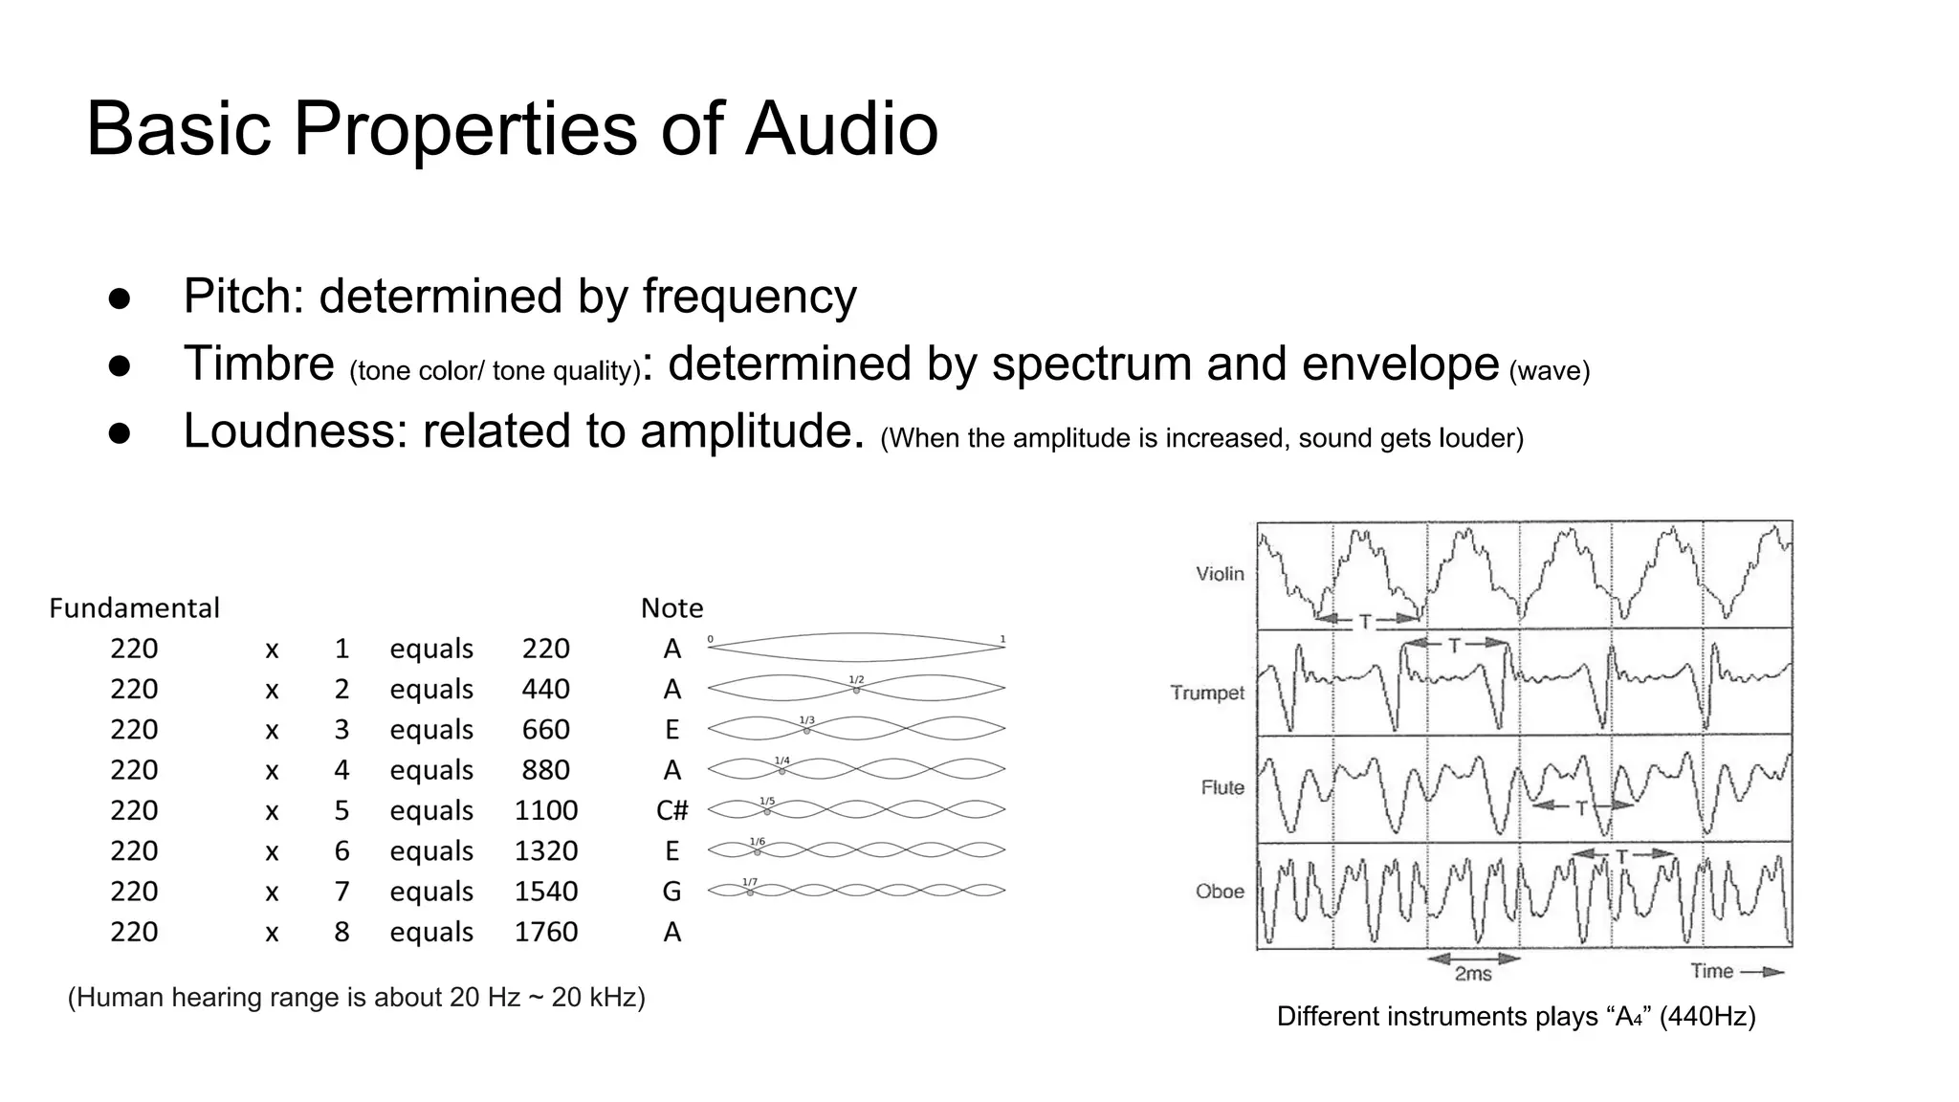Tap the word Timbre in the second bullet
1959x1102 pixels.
pyautogui.click(x=258, y=364)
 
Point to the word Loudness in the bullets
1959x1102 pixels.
pyautogui.click(x=287, y=430)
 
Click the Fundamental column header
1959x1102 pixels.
pyautogui.click(x=134, y=608)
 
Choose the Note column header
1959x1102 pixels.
pyautogui.click(x=671, y=608)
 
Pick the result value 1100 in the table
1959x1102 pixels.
pyautogui.click(x=546, y=811)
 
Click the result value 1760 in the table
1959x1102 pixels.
pyautogui.click(x=546, y=933)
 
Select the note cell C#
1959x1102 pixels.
pyautogui.click(x=671, y=811)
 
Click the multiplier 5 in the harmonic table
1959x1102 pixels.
pyautogui.click(x=341, y=811)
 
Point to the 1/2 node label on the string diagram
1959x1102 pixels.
pyautogui.click(x=856, y=679)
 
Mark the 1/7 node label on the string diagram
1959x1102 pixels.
pyautogui.click(x=750, y=882)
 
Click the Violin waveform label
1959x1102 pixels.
pyautogui.click(x=1220, y=574)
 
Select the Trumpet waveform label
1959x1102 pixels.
pyautogui.click(x=1207, y=693)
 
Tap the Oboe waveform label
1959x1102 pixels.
pyautogui.click(x=1220, y=892)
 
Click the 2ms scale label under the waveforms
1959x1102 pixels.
pyautogui.click(x=1473, y=974)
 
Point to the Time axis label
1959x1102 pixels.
pyautogui.click(x=1712, y=972)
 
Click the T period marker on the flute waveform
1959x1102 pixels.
pyautogui.click(x=1581, y=808)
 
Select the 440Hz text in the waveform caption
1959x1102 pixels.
pyautogui.click(x=1707, y=1016)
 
